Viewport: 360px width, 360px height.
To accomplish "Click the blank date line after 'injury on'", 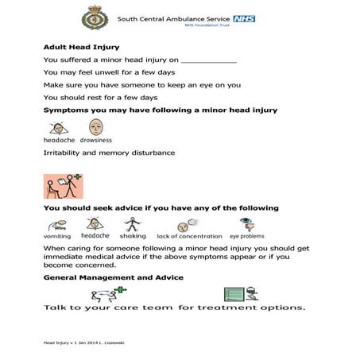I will [209, 60].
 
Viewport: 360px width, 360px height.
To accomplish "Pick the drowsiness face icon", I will [95, 126].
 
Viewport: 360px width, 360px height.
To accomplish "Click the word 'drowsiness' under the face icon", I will [95, 139].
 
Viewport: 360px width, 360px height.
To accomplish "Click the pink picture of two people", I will [64, 186].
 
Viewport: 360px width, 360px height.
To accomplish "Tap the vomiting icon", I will [57, 224].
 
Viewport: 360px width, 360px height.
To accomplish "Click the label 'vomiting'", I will [57, 236].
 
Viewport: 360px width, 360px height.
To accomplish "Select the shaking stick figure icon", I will [133, 224].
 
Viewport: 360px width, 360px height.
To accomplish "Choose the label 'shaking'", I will [133, 236].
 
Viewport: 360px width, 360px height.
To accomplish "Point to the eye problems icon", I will [246, 224].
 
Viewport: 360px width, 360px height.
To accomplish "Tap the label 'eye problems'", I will [246, 236].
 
